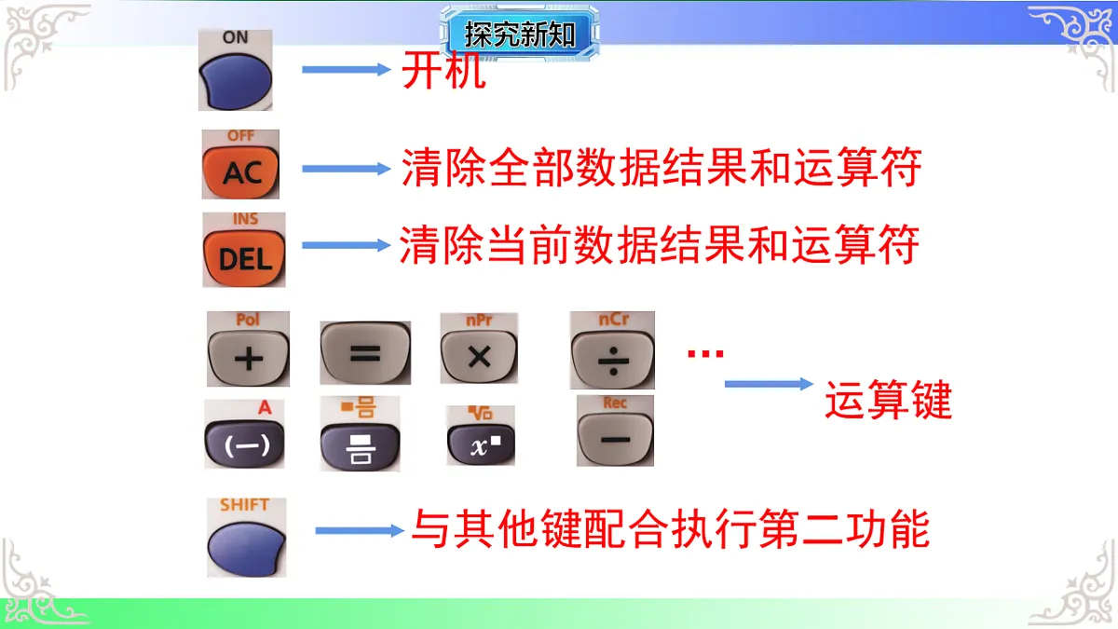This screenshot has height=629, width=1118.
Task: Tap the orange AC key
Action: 239,171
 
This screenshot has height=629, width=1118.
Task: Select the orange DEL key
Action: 244,257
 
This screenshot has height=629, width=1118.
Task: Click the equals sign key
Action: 365,354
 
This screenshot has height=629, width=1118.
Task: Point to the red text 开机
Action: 443,71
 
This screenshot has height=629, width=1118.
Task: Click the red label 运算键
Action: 888,402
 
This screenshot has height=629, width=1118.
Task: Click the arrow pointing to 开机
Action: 345,70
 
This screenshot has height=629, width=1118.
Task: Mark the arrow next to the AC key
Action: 345,169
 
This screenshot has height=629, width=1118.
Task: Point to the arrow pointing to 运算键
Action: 769,384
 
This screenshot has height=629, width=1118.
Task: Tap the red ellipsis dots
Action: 705,353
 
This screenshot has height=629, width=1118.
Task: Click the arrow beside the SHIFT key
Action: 359,530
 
